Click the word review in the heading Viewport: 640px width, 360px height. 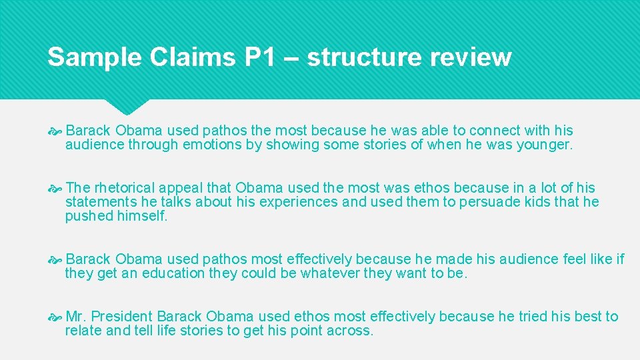[470, 57]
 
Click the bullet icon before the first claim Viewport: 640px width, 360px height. [57, 131]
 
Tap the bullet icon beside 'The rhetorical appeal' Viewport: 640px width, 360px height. [57, 188]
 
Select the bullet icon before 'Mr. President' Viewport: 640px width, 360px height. [57, 317]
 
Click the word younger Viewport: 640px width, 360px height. [543, 145]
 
